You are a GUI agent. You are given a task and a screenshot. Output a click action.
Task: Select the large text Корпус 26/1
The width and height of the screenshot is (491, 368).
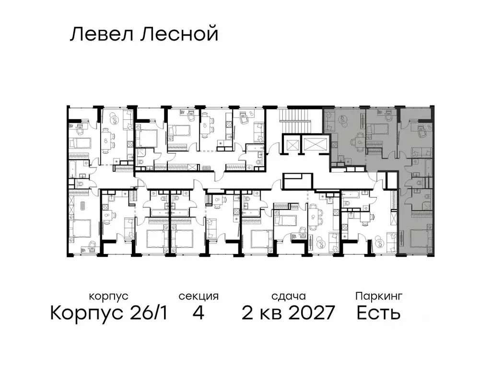coord(109,313)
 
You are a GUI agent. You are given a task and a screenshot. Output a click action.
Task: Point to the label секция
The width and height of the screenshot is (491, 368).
coord(199,296)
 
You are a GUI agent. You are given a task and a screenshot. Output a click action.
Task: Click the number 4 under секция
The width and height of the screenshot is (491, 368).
coord(198,313)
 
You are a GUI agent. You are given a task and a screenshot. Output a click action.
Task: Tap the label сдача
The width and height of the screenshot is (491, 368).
coord(288,296)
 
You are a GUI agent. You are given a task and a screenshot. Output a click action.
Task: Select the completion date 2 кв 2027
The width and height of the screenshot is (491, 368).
coord(288,313)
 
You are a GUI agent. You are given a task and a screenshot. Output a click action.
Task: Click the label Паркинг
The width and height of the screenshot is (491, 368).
coord(379,296)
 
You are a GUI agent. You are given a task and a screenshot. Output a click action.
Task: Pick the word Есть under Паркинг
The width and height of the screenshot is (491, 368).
coord(378,313)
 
